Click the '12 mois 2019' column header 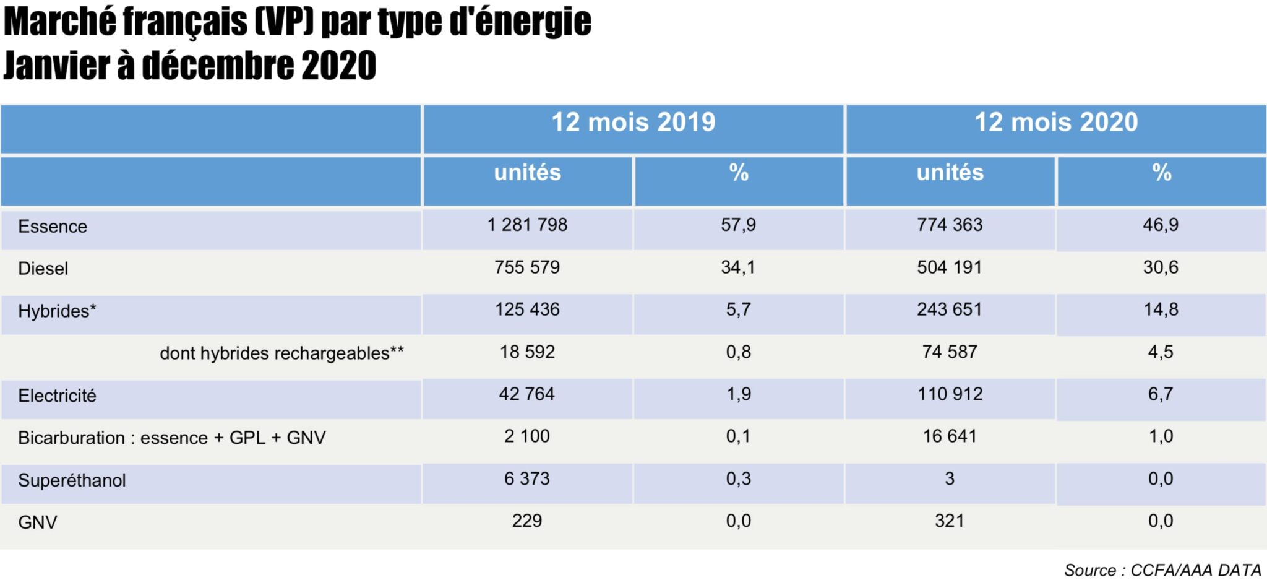[x=633, y=123]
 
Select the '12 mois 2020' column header [x=1056, y=123]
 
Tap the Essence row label [x=53, y=227]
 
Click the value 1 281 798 [x=527, y=225]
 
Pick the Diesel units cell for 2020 [x=950, y=267]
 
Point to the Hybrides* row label [x=57, y=311]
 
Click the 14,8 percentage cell [x=1161, y=309]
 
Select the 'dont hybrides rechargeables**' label [x=281, y=353]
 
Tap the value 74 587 [x=950, y=352]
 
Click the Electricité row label [x=57, y=396]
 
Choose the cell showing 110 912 [x=950, y=394]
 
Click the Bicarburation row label [x=171, y=438]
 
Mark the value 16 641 [x=950, y=436]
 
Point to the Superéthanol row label [x=72, y=480]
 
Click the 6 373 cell [x=527, y=478]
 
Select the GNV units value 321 [x=950, y=521]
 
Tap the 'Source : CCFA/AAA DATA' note [x=1162, y=570]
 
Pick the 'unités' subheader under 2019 [x=527, y=173]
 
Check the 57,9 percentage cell [x=738, y=225]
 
